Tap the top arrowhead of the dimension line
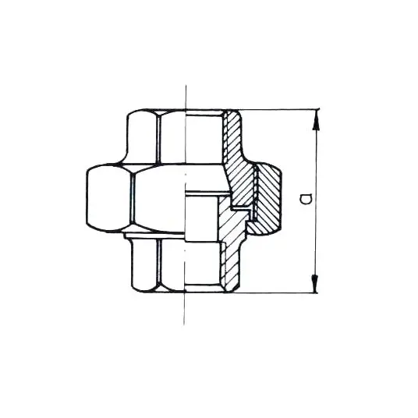pos(317,119)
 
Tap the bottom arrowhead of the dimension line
pos(315,282)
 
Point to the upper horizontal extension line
pos(279,109)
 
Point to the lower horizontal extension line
pos(276,292)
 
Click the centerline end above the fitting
pos(186,86)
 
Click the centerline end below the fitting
pos(184,324)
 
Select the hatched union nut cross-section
pos(267,200)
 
